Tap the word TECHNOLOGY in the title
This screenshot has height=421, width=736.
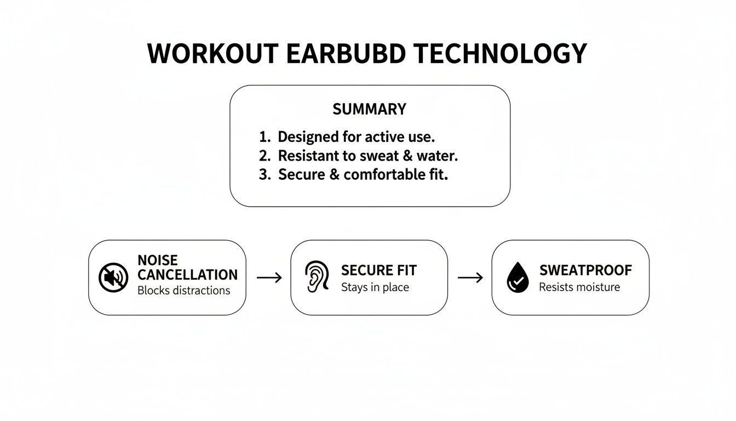(x=500, y=54)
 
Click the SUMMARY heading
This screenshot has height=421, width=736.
(x=370, y=110)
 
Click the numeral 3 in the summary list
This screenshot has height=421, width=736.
(x=264, y=175)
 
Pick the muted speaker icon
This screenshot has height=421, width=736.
(x=113, y=277)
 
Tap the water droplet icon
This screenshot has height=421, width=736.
(x=517, y=277)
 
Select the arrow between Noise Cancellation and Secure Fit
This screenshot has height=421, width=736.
(x=269, y=278)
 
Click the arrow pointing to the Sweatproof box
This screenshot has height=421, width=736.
(x=470, y=278)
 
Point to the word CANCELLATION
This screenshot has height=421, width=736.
(x=188, y=275)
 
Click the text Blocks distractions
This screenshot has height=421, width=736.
(x=183, y=291)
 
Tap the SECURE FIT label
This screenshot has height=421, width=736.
(x=379, y=270)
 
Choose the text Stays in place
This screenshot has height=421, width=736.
(x=375, y=287)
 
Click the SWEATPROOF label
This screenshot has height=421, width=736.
(x=585, y=270)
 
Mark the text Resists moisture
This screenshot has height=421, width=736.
(x=579, y=287)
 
